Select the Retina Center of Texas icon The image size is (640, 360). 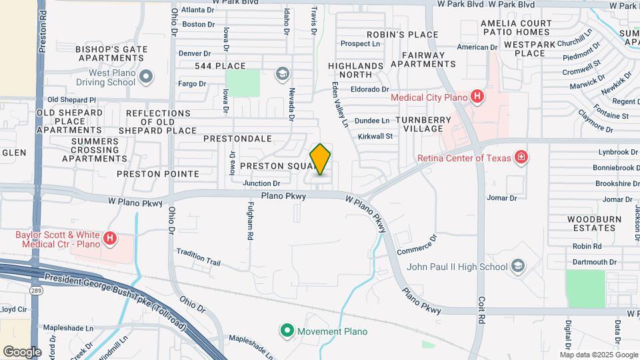521,158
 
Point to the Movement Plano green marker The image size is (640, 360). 287,331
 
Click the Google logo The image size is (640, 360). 22,351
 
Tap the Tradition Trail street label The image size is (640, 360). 198,257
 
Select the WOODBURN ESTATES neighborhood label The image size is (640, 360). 594,223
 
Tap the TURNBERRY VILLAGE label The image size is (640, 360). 423,123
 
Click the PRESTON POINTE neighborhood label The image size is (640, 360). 157,174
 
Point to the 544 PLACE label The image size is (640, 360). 220,66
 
